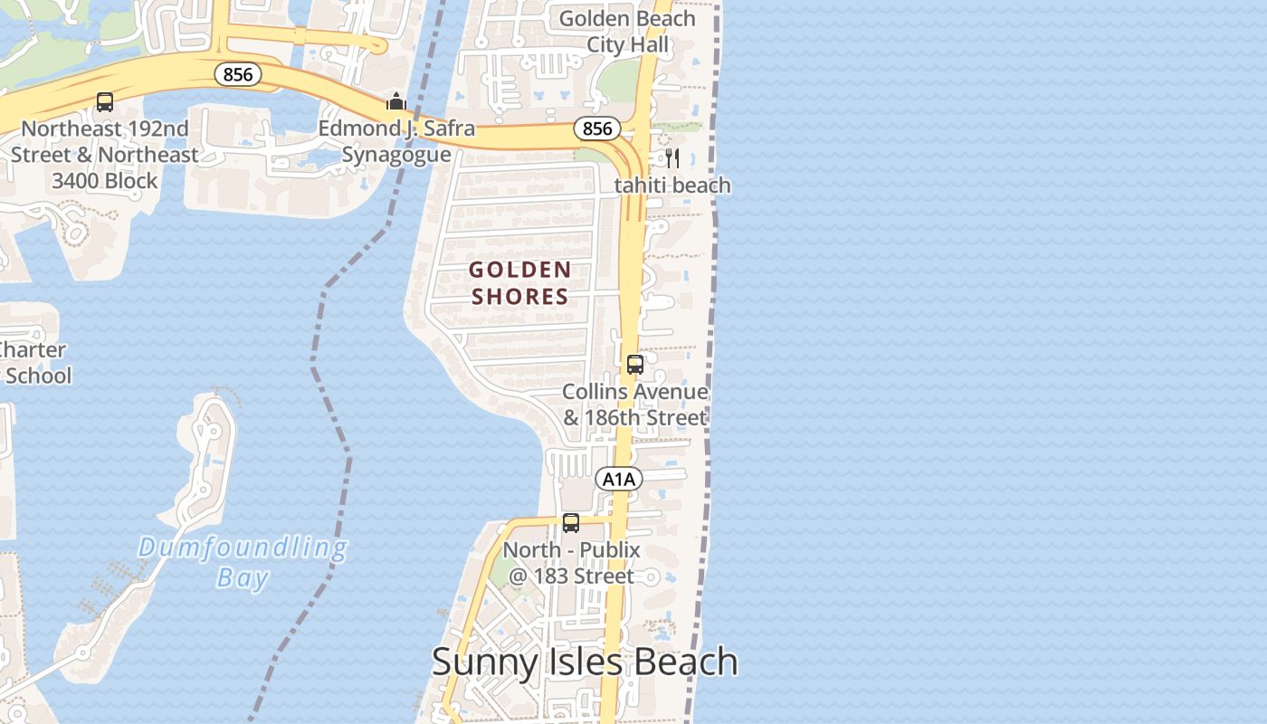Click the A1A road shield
[x=619, y=479]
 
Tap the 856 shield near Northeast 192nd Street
[x=238, y=74]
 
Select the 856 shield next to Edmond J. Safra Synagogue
[x=597, y=129]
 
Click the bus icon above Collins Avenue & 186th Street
[x=635, y=365]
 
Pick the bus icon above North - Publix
[x=571, y=523]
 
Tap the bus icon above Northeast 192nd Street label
[x=105, y=102]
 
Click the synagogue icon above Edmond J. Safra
[x=396, y=101]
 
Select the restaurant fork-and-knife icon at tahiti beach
[x=672, y=158]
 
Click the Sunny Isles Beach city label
[x=585, y=662]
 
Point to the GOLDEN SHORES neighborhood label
[x=520, y=282]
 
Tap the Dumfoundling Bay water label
[x=243, y=562]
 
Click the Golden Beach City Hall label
[x=627, y=32]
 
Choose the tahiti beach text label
[x=672, y=186]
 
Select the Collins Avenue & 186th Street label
[x=635, y=405]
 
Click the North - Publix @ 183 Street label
[x=571, y=563]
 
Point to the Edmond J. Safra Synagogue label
[x=396, y=141]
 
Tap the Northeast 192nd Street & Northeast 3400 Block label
[x=105, y=155]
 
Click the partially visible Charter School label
[x=34, y=362]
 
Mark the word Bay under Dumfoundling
[x=243, y=577]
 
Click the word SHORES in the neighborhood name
[x=520, y=296]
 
